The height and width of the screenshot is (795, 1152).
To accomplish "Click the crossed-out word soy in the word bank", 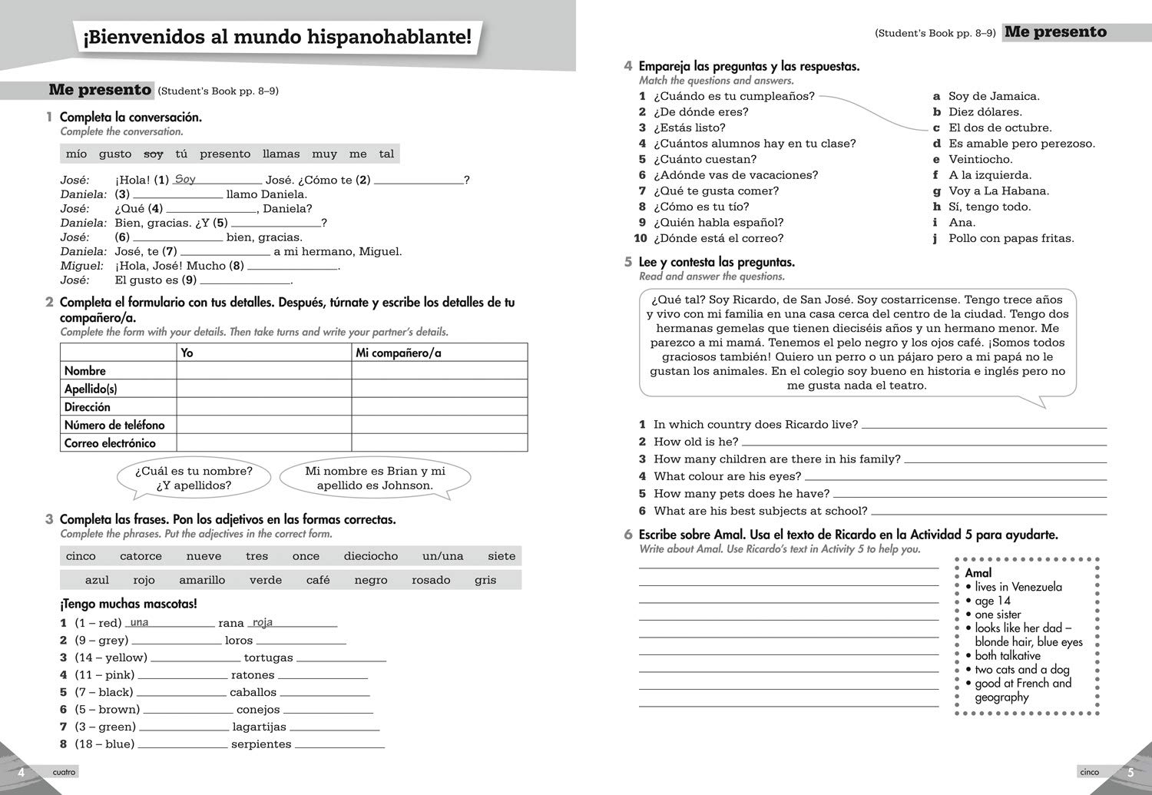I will pyautogui.click(x=154, y=154).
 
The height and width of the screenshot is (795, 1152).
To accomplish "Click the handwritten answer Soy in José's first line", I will pyautogui.click(x=185, y=179).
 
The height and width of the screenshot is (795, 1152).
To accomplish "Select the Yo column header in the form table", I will pyautogui.click(x=187, y=353).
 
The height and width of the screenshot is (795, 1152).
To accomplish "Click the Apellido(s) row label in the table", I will pyautogui.click(x=91, y=389).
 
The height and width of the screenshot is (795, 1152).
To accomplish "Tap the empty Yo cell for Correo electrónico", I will pyautogui.click(x=263, y=443).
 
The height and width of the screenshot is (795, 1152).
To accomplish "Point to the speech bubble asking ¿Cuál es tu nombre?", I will pyautogui.click(x=194, y=478).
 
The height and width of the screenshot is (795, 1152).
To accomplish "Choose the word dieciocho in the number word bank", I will pyautogui.click(x=371, y=556).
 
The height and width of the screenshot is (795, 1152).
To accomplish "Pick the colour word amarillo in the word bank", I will pyautogui.click(x=202, y=580).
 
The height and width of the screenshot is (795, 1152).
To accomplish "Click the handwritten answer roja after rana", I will pyautogui.click(x=263, y=622).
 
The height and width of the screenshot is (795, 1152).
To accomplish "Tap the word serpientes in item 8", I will pyautogui.click(x=261, y=744).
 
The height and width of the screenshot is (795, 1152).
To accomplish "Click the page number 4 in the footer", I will pyautogui.click(x=22, y=772).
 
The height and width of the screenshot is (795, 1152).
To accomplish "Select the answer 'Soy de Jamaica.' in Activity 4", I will pyautogui.click(x=994, y=96).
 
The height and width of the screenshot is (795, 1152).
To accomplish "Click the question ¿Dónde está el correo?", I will pyautogui.click(x=718, y=238).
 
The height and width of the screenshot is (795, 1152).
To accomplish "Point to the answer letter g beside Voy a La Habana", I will pyautogui.click(x=936, y=190).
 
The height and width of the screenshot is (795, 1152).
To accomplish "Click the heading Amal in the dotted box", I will pyautogui.click(x=978, y=573).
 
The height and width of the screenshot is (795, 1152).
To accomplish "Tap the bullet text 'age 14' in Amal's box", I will pyautogui.click(x=992, y=601).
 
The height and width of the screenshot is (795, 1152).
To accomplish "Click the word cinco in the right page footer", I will pyautogui.click(x=1089, y=772).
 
